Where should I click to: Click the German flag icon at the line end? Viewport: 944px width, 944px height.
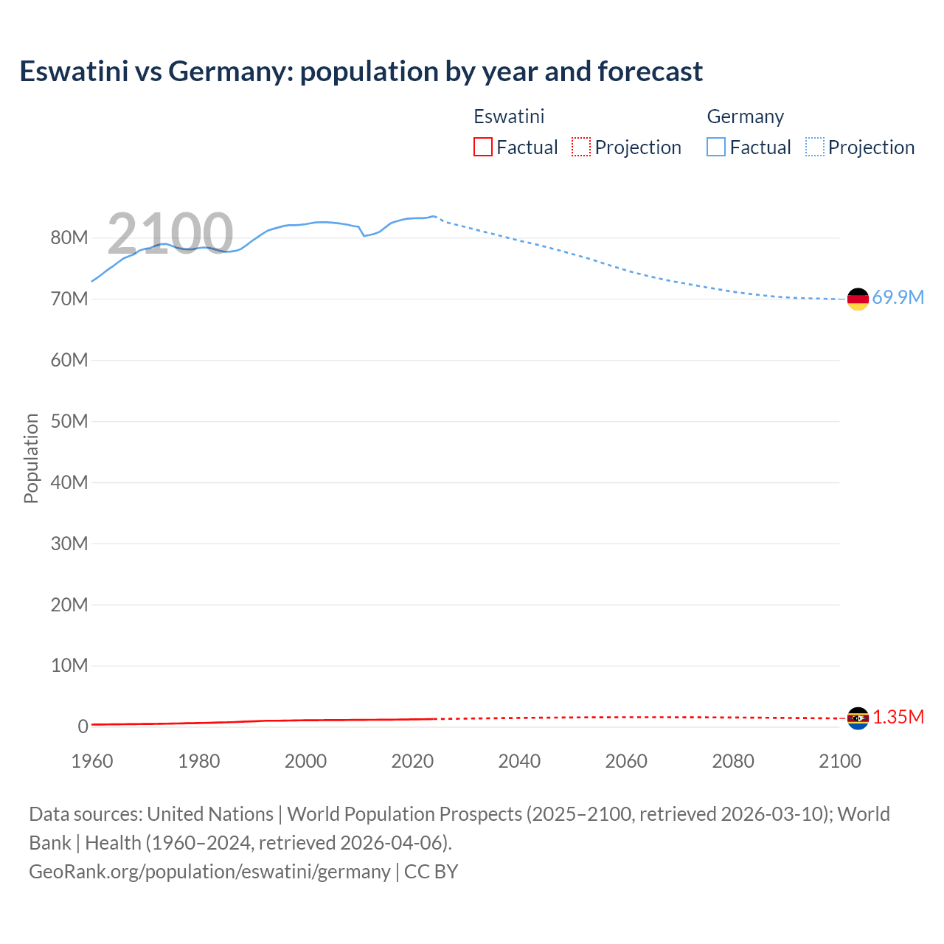[x=858, y=299]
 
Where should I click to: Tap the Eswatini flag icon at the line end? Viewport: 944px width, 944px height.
[x=858, y=718]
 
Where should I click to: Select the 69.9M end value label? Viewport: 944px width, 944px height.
[x=898, y=297]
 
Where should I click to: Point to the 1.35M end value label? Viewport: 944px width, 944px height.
[x=898, y=717]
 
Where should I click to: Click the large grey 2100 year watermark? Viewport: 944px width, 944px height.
[x=170, y=233]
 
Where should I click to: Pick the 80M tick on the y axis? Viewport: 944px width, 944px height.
[x=69, y=237]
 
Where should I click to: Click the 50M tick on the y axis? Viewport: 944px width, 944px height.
[x=69, y=421]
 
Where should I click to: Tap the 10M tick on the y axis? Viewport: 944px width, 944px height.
[x=69, y=665]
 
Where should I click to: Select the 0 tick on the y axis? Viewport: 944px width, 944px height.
[x=83, y=726]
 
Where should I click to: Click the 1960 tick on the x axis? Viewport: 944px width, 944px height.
[x=92, y=761]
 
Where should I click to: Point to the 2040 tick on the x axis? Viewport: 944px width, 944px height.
[x=519, y=761]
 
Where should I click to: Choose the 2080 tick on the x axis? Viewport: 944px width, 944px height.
[x=733, y=761]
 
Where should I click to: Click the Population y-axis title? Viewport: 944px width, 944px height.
[x=31, y=458]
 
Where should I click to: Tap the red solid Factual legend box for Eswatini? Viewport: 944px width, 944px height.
[x=483, y=147]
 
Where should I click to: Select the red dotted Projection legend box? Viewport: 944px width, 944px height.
[x=581, y=147]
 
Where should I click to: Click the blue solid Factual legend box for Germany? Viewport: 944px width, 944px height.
[x=716, y=147]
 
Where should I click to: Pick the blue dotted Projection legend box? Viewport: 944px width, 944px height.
[x=815, y=147]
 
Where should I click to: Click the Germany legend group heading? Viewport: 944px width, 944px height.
[x=745, y=117]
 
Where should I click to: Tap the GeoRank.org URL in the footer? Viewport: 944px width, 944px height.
[x=209, y=871]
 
